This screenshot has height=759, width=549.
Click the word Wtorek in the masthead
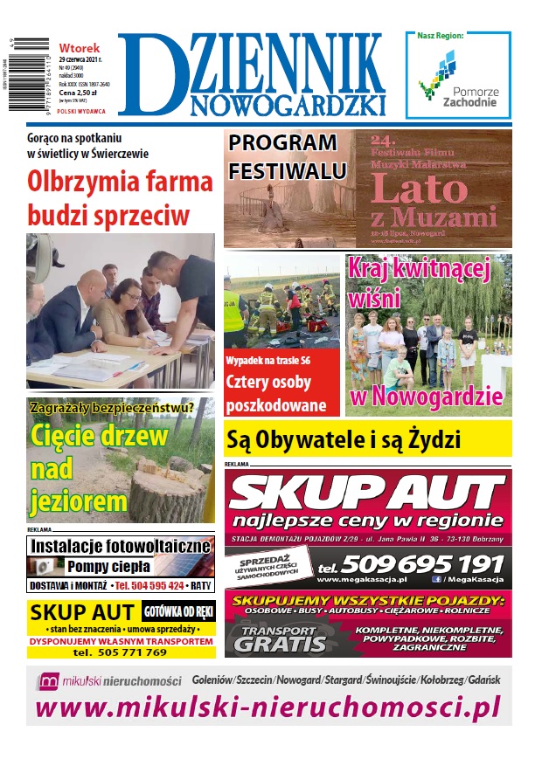coord(80,47)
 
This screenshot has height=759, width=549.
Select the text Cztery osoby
coord(270,383)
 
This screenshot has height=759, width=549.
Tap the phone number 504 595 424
coord(149,585)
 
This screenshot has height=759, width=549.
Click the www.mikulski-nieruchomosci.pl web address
coord(268,706)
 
